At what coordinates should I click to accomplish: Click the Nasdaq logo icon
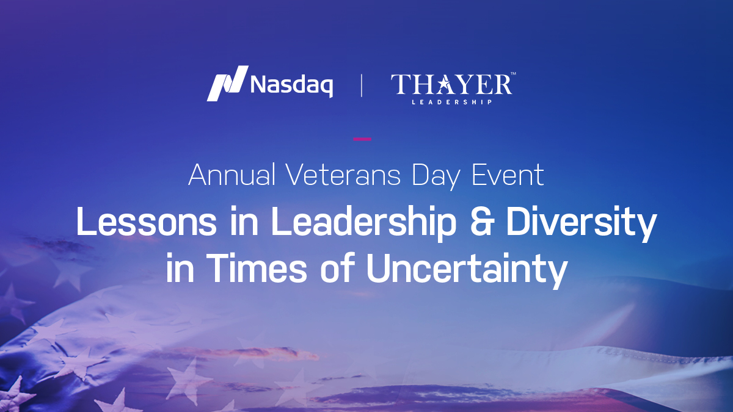coord(227,83)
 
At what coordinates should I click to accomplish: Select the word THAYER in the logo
coord(451,84)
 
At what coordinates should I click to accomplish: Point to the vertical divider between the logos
coord(361,85)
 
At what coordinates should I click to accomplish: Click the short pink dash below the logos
coord(362,139)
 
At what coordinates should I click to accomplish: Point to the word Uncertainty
coord(466,270)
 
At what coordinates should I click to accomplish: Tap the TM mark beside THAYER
coord(513,74)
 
